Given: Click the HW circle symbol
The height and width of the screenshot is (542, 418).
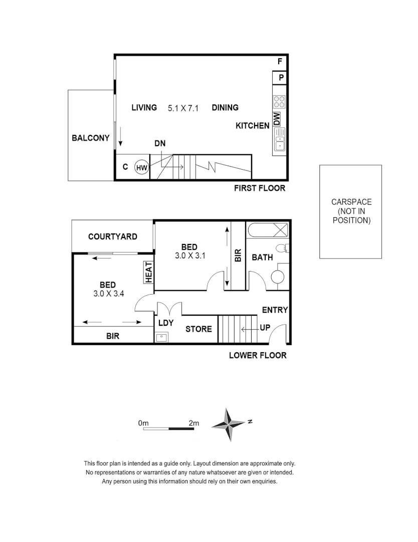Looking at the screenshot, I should [x=142, y=168].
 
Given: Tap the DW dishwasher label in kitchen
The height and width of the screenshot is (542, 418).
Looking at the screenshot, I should [x=277, y=119].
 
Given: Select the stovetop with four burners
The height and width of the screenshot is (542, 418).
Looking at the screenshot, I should [x=279, y=102].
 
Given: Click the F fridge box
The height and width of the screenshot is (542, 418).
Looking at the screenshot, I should [x=280, y=62].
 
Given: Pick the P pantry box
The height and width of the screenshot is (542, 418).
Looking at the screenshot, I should [x=280, y=78].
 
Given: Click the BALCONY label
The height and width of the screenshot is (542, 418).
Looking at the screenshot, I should [x=90, y=138].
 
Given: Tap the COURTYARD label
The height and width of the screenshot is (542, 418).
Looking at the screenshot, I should [x=112, y=236].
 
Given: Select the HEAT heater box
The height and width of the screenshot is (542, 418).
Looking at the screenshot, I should [x=149, y=273].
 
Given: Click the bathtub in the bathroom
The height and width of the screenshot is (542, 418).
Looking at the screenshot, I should [x=267, y=231].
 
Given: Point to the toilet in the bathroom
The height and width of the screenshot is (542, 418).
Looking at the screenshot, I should [x=284, y=248].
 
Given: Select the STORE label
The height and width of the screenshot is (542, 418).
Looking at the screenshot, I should [x=198, y=329].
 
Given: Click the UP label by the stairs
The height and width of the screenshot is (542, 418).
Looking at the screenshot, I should [x=265, y=328].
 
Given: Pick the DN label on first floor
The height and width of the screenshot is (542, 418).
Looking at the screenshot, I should [x=160, y=144].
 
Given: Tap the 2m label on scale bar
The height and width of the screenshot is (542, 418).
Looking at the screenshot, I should [x=193, y=423].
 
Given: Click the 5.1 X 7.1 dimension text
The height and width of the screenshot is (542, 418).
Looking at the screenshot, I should [x=183, y=108].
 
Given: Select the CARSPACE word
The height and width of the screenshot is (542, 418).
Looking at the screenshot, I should [x=351, y=202].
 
